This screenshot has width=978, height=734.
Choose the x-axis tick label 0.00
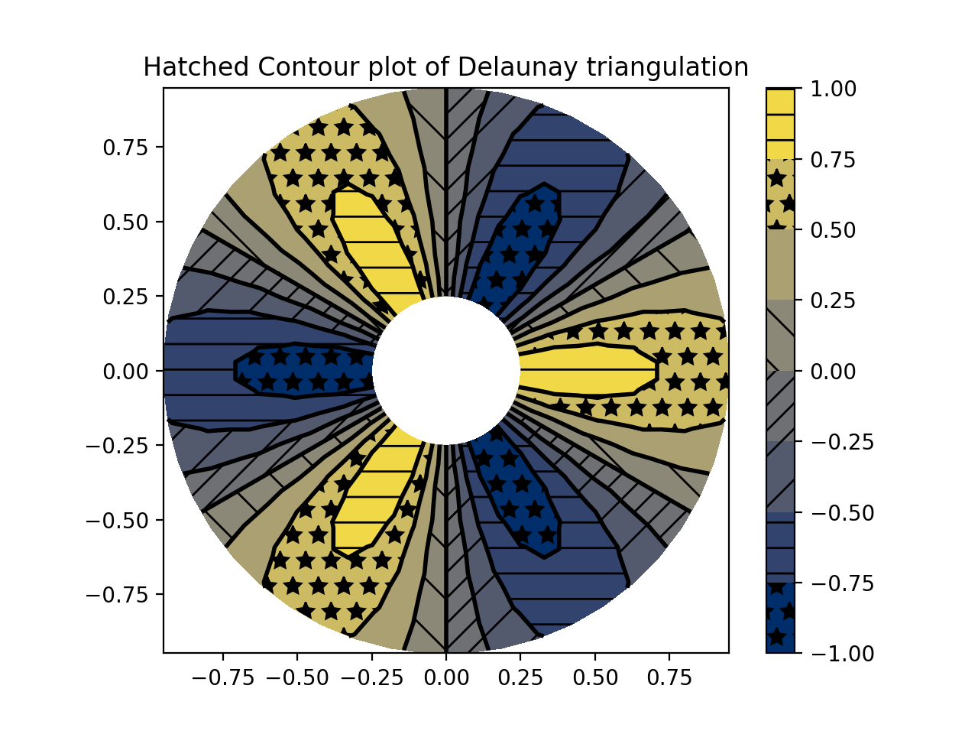tap(446, 678)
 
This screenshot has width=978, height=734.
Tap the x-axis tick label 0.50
tap(595, 678)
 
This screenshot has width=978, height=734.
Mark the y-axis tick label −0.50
tap(122, 520)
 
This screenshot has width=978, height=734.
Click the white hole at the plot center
tap(446, 371)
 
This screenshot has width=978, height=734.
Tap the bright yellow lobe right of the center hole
tap(588, 371)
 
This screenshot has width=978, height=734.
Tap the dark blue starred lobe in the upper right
tap(520, 245)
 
